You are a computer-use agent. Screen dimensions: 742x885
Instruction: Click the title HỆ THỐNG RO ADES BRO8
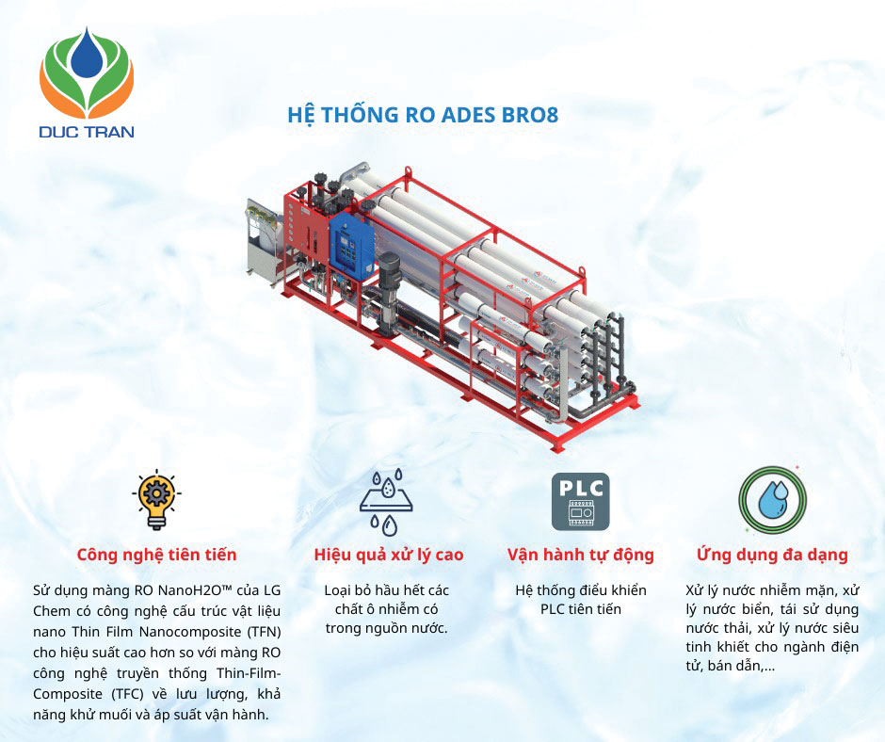[x=423, y=116]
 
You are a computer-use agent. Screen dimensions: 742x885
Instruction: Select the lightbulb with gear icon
[x=156, y=500]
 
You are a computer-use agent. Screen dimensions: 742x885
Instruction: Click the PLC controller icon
[x=580, y=501]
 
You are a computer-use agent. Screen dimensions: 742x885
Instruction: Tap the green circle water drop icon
[x=771, y=500]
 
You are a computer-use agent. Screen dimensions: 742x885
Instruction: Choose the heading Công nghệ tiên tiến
[x=156, y=555]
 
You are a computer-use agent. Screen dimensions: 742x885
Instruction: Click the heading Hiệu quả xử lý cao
[x=388, y=555]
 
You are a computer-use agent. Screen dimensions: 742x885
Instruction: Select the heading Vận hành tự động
[x=580, y=555]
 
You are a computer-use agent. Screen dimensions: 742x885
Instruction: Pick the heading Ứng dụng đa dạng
[x=771, y=555]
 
